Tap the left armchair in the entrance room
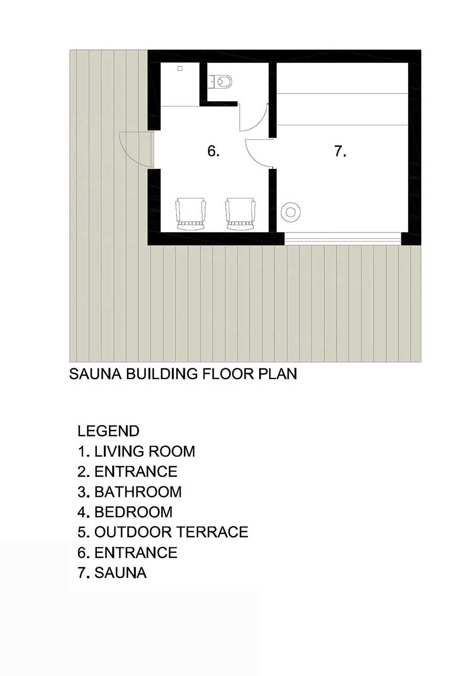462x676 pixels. coord(190,214)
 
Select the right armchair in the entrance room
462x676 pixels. coord(240,214)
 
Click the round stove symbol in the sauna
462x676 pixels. coord(291,212)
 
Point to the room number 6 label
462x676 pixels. coord(213,151)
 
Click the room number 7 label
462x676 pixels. coord(340,151)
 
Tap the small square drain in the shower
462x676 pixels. coord(180,68)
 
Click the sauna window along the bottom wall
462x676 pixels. coord(343,238)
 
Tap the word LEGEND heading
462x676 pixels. coord(108,431)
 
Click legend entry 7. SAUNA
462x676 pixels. coord(112,573)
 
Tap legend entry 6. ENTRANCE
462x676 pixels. coord(127,553)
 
